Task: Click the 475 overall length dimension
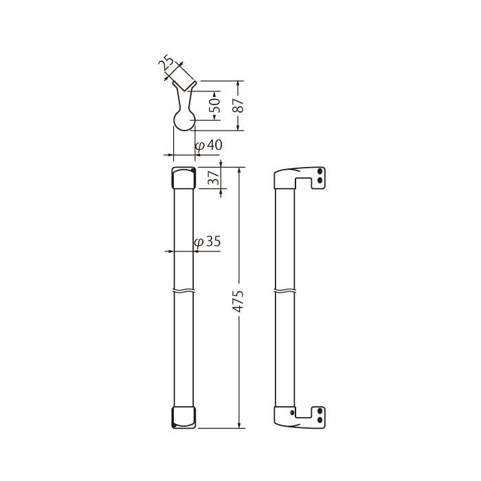point(239,301)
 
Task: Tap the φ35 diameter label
point(208,242)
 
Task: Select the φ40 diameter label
point(209,145)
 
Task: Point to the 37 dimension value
point(214,177)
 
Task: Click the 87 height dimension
point(238,106)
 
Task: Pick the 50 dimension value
point(216,105)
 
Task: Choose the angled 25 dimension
point(166,63)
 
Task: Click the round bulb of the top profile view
point(184,120)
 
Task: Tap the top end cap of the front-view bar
point(183,178)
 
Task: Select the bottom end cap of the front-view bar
point(183,418)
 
